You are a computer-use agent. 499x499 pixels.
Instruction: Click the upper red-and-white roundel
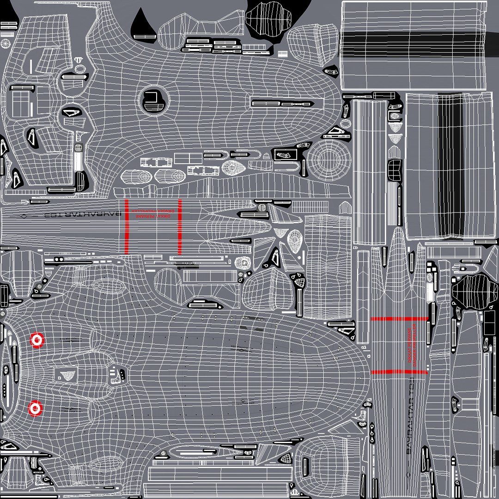(x=37, y=341)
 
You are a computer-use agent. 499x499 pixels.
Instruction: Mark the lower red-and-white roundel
(x=35, y=408)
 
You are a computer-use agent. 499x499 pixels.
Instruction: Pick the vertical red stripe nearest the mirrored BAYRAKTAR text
(x=126, y=226)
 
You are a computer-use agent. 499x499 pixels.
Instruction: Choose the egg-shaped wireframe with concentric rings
(x=295, y=239)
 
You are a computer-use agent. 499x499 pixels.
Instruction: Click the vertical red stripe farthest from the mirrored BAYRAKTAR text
(x=180, y=226)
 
